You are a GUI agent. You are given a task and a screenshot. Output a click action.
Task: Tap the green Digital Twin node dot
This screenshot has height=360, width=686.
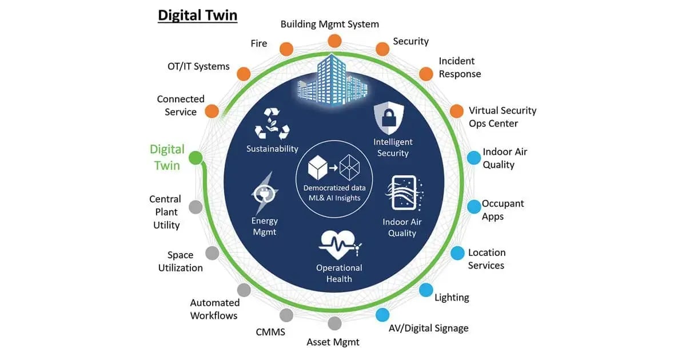click(x=196, y=157)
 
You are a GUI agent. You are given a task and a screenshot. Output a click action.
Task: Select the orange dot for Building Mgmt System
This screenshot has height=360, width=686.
click(x=334, y=41)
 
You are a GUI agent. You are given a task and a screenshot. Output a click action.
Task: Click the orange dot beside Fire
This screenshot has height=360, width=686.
click(x=285, y=48)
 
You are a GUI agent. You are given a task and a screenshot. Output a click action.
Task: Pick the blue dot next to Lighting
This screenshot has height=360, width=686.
click(x=426, y=290)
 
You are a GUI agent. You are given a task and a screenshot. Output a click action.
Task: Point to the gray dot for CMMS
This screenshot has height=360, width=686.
click(x=286, y=315)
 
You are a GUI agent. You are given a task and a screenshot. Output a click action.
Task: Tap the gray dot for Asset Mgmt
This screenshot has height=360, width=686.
click(x=334, y=323)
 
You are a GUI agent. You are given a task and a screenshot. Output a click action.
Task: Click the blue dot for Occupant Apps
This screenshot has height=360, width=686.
click(x=474, y=206)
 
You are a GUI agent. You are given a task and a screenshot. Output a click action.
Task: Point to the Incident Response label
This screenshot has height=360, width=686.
click(x=460, y=67)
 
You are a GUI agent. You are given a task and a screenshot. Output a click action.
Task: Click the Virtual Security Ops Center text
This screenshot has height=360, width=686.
click(x=502, y=117)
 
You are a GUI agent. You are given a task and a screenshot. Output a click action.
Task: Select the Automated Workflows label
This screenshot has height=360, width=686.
click(x=214, y=309)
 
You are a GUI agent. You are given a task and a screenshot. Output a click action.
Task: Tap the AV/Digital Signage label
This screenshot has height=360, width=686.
click(x=428, y=328)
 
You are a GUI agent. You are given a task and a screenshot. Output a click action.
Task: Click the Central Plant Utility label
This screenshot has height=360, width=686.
click(x=165, y=212)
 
